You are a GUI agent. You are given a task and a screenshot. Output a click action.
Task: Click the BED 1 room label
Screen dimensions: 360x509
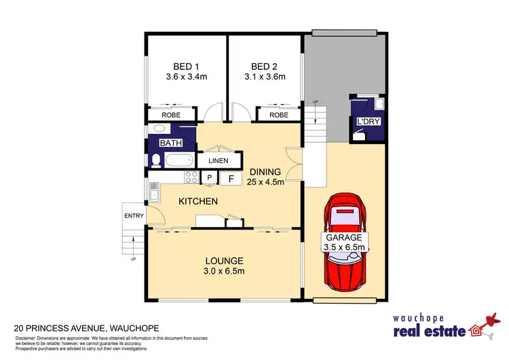point(187,67)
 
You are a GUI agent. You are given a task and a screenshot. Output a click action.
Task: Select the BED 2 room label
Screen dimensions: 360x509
point(265,67)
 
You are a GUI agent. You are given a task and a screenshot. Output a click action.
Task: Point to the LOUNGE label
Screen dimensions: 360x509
point(224,261)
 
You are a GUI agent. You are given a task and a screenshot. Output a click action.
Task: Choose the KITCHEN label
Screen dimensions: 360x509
point(197,202)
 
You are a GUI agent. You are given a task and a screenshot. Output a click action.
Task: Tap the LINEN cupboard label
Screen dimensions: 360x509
point(218,161)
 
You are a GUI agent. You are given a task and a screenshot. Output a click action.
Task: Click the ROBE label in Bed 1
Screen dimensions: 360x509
point(170,115)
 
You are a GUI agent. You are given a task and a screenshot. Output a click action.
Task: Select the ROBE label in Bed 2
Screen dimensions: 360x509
point(279,115)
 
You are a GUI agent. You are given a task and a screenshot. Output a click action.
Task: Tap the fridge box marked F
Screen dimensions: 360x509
point(231,179)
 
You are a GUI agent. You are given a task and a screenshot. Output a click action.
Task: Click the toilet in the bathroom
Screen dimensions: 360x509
point(155,160)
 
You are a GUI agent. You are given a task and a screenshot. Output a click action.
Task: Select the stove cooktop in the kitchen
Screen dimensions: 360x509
point(191,178)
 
